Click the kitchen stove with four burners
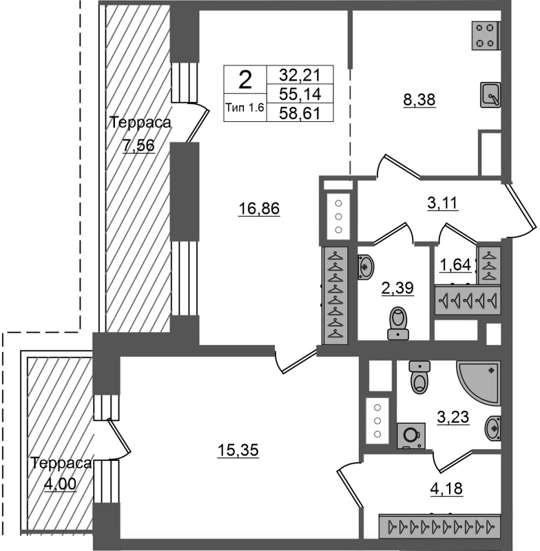(x=486, y=35)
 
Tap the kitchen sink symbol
(x=490, y=95)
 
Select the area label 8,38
(x=419, y=100)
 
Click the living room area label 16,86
(x=259, y=209)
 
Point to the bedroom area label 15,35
(x=238, y=450)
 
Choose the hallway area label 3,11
(x=443, y=203)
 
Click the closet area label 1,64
(x=455, y=264)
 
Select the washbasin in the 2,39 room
(x=366, y=267)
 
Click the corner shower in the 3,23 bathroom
(x=479, y=382)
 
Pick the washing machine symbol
(x=411, y=436)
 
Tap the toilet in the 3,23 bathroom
(x=419, y=377)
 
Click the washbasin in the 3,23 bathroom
(x=493, y=428)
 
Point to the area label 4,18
(x=446, y=488)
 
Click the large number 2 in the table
(x=245, y=80)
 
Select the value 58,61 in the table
(x=300, y=113)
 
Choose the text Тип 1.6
(x=245, y=107)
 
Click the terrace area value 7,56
(x=138, y=145)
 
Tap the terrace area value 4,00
(x=60, y=484)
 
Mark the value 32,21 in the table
(x=300, y=74)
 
